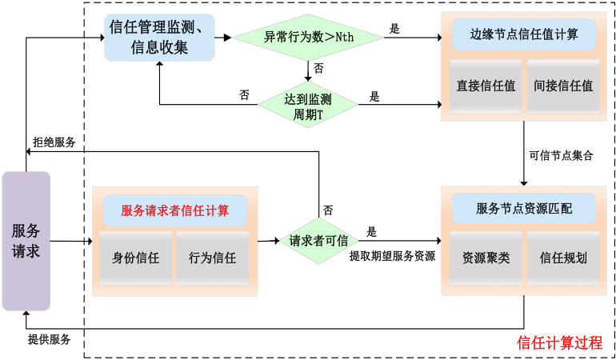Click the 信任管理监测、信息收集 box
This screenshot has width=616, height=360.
pos(159,38)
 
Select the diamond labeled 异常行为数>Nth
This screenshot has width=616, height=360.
pos(308,37)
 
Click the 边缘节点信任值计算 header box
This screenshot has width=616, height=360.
pos(524,34)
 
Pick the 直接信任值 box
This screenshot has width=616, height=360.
pos(486,85)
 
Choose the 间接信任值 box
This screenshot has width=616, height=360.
pos(563,85)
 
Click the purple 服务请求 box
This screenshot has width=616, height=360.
pos(26,241)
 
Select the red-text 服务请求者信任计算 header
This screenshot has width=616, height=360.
pos(174,211)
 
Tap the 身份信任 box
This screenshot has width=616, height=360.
pos(135,258)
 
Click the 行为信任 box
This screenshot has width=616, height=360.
pos(212,258)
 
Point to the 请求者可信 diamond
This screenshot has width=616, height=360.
pos(318,241)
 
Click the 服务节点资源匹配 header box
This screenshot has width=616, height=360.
pos(524,209)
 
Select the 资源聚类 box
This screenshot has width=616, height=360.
pos(486,258)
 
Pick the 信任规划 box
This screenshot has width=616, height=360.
pos(563,258)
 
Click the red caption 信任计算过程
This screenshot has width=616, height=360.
pos(560,342)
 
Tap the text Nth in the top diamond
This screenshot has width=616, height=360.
pos(344,38)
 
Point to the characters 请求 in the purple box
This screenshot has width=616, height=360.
pos(26,251)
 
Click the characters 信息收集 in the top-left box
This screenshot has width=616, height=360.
pos(159,48)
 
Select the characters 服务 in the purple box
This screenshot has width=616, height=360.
pos(26,231)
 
